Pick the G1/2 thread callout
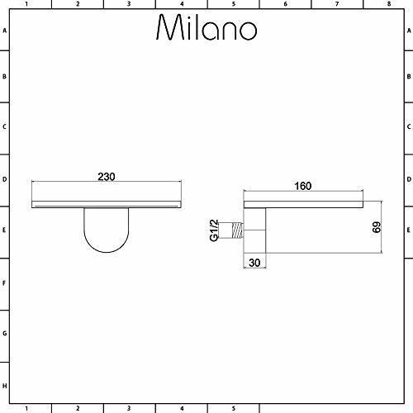(x=213, y=230)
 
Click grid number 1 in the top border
(x=26, y=4)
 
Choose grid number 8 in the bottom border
(x=387, y=408)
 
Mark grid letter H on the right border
(x=408, y=387)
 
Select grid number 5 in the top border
(x=233, y=4)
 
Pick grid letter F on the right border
(x=408, y=283)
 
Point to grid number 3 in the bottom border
(x=130, y=408)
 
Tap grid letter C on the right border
(x=408, y=129)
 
